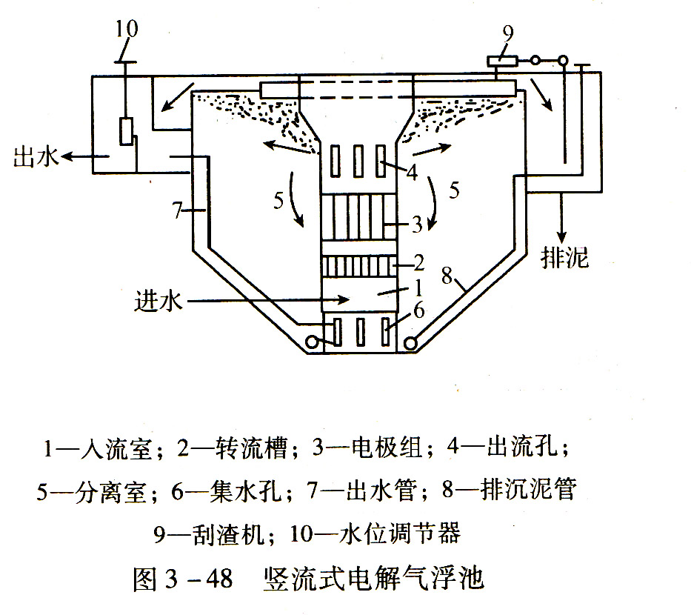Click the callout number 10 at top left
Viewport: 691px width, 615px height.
tap(127, 29)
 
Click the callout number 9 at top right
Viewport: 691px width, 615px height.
tap(508, 33)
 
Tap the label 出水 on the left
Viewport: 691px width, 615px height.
tap(36, 156)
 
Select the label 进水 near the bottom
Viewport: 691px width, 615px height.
tap(158, 302)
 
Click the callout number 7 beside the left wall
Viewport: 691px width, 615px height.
tap(177, 210)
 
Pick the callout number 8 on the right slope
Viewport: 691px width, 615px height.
tap(447, 276)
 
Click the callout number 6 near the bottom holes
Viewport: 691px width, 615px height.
tap(418, 310)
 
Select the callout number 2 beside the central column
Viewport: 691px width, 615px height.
tap(418, 263)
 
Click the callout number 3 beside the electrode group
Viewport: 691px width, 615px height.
tap(417, 224)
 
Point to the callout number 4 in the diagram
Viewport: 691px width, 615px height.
tap(412, 173)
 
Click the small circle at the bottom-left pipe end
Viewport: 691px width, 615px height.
tap(312, 342)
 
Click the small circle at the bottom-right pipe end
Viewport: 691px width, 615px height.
tap(410, 342)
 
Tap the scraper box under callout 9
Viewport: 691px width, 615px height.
tap(502, 61)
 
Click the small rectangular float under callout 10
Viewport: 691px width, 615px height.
tap(126, 131)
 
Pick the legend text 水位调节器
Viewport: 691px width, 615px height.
tap(401, 533)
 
